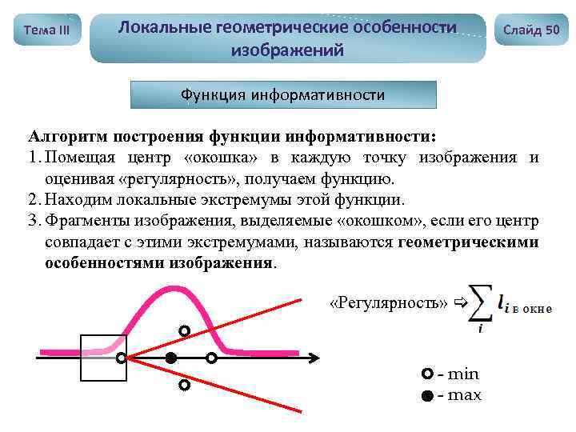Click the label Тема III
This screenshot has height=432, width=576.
(47, 30)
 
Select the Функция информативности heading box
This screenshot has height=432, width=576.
(283, 95)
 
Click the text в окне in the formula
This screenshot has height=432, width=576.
(532, 308)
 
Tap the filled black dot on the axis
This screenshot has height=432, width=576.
(170, 358)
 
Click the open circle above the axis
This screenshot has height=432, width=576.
(184, 330)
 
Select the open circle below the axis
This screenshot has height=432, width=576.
(184, 386)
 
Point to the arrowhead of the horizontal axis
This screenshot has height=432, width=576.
(317, 358)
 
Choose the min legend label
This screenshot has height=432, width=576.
(462, 374)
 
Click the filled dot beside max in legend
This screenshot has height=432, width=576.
(428, 395)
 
